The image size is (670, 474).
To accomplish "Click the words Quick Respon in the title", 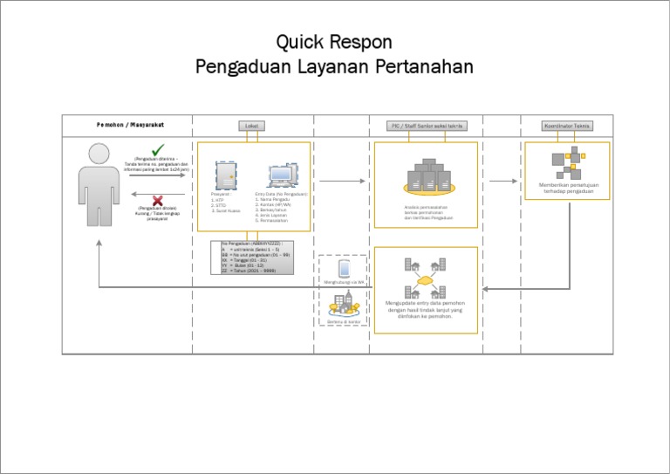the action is pos(334,42).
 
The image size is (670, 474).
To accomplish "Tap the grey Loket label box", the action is pos(251,126).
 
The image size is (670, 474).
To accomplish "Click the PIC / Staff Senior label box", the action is pos(426,126).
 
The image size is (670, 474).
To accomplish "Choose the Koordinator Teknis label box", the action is pos(567,126).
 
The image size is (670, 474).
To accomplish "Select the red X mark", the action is pos(158,200).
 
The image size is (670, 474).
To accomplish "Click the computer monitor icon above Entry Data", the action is pos(282,175).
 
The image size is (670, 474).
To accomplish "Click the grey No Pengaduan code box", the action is pos(257,258).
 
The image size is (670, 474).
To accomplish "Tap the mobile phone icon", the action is pos(343,269).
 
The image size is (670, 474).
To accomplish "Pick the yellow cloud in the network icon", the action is pos(425,282).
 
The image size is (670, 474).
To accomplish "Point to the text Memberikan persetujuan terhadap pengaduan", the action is pos(568,188).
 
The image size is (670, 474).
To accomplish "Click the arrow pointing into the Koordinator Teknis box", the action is pos(503,182).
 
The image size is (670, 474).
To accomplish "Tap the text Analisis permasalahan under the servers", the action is pos(425,207).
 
